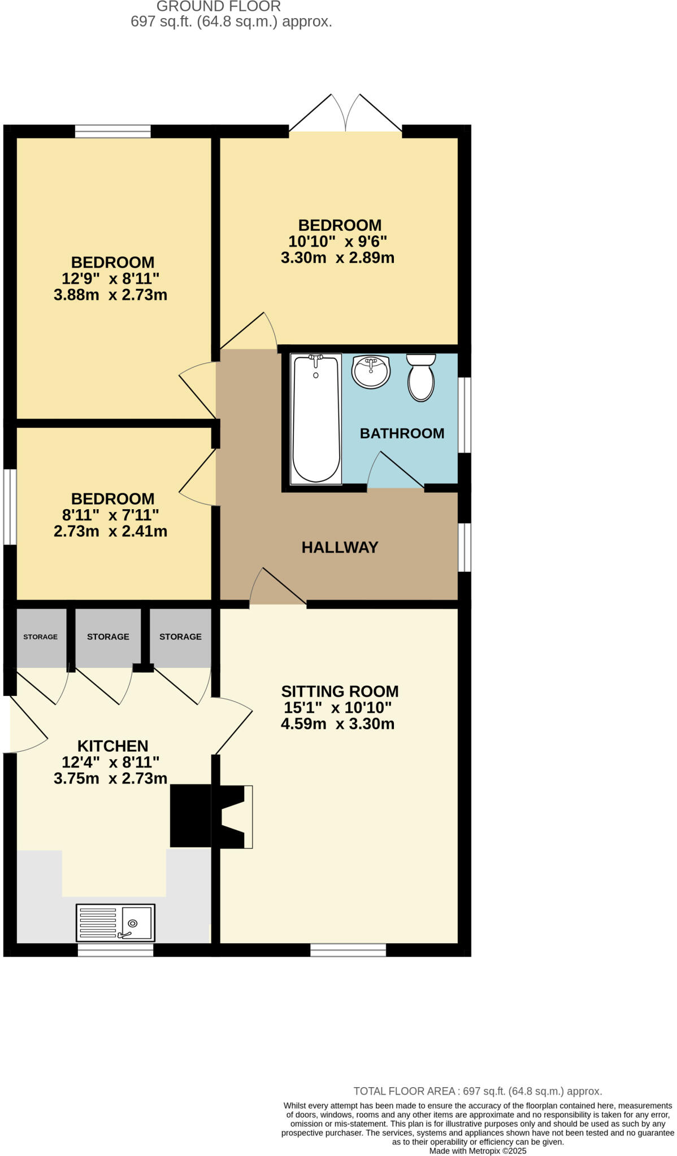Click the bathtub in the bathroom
coord(315,419)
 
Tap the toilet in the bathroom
coord(421,378)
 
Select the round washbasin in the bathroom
coord(370,372)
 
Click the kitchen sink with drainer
coord(115,922)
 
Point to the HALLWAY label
coord(340,547)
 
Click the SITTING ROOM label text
coord(340,691)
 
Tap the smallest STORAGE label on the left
coord(40,637)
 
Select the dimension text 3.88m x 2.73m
coord(110,295)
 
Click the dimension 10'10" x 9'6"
coord(337,242)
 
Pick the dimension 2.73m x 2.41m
coord(110,531)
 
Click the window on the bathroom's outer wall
coord(464,415)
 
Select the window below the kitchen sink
coord(115,950)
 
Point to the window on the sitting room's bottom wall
coord(348,950)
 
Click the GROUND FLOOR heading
coord(219,7)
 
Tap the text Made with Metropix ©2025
coord(478,1150)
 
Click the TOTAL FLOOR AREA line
coord(478,1091)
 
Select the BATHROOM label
coord(402,433)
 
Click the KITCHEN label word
coord(112,746)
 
